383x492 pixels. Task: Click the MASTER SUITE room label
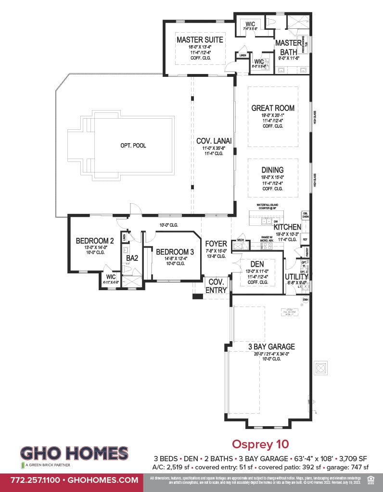point(193,39)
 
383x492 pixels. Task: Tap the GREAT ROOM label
point(273,108)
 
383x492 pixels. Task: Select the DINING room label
point(273,170)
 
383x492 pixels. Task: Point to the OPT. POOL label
point(133,146)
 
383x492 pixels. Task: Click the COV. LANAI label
point(214,141)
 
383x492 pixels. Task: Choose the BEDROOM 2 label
point(95,241)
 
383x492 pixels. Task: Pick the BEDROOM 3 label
point(175,252)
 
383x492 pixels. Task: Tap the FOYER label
point(216,244)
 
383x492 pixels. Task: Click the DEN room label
point(257,265)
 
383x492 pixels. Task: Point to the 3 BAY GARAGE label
point(272,346)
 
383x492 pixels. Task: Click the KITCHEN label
point(287,227)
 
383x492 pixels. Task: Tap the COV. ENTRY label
point(216,286)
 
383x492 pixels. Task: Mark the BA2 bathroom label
point(132,258)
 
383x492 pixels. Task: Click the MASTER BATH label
point(288,47)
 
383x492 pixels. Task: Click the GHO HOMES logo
point(74,454)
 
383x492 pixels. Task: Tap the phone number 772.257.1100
point(29,480)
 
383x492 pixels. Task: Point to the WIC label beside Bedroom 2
point(111,277)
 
